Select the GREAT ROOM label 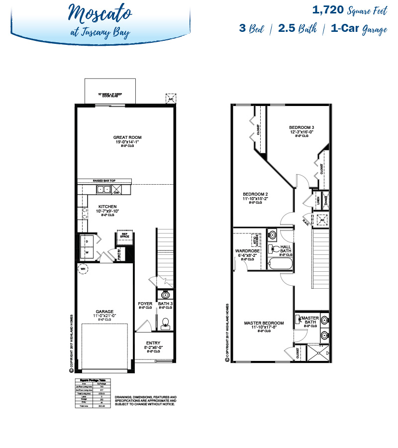click(x=127, y=137)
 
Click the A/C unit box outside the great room click(x=171, y=99)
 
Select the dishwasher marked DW click(x=118, y=189)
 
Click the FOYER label click(x=145, y=303)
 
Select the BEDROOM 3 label click(x=301, y=128)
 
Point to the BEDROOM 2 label click(x=255, y=194)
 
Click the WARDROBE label click(x=247, y=251)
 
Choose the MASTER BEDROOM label click(x=264, y=323)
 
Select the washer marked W click(x=87, y=252)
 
